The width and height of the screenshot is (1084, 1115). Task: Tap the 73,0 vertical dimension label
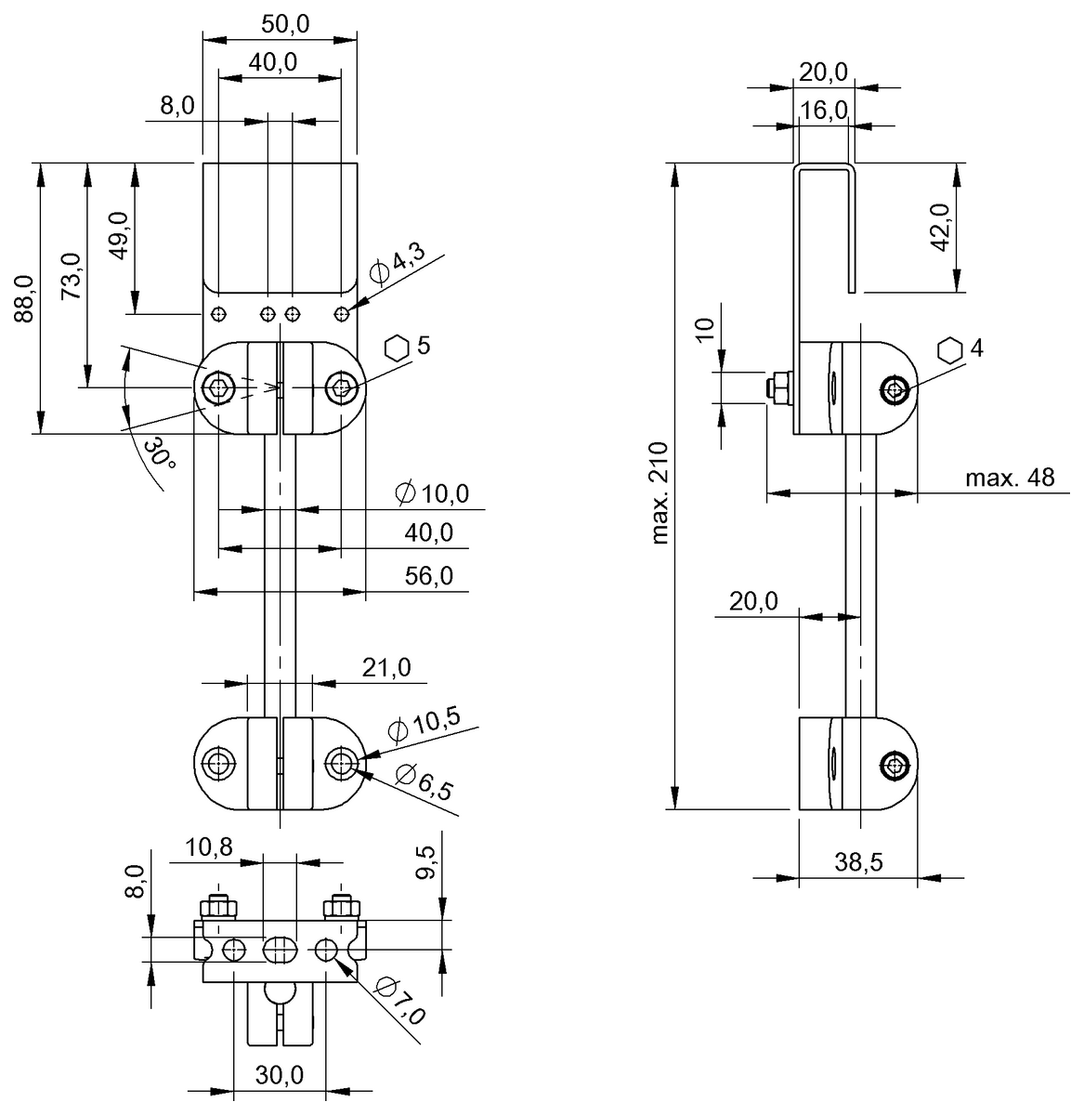(71, 276)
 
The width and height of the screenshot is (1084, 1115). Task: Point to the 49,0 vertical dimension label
(118, 236)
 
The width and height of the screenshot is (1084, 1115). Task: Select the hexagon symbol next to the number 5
(397, 347)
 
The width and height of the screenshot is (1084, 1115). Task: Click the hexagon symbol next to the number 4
(949, 349)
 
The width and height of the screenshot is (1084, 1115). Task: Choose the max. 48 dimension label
(1010, 478)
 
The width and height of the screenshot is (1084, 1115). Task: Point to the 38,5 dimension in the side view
(858, 861)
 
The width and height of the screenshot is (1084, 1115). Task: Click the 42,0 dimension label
(940, 228)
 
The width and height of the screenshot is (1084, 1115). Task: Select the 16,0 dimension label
(824, 110)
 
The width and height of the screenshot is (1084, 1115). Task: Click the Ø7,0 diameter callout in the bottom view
(400, 1001)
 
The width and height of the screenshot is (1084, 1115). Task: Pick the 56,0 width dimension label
(429, 576)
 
